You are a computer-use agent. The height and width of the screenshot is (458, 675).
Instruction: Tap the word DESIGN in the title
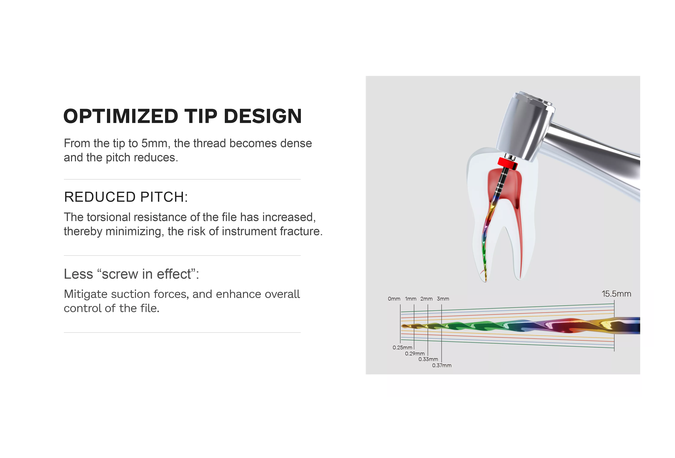coord(263,116)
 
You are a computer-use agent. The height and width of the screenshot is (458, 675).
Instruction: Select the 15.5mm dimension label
coord(616,294)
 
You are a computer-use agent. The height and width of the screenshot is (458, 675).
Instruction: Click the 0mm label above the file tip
coord(394,299)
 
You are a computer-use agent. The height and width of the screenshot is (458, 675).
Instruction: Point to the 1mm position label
coord(411,299)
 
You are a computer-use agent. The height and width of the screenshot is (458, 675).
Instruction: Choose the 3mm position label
coord(443,299)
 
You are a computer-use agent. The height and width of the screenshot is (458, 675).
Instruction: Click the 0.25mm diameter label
coord(402,348)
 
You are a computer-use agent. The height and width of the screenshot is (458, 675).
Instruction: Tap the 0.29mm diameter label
coord(415,354)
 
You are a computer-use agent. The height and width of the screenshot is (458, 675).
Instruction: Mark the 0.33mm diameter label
coord(428,359)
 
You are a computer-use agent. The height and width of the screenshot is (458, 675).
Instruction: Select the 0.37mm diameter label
coord(442,365)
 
